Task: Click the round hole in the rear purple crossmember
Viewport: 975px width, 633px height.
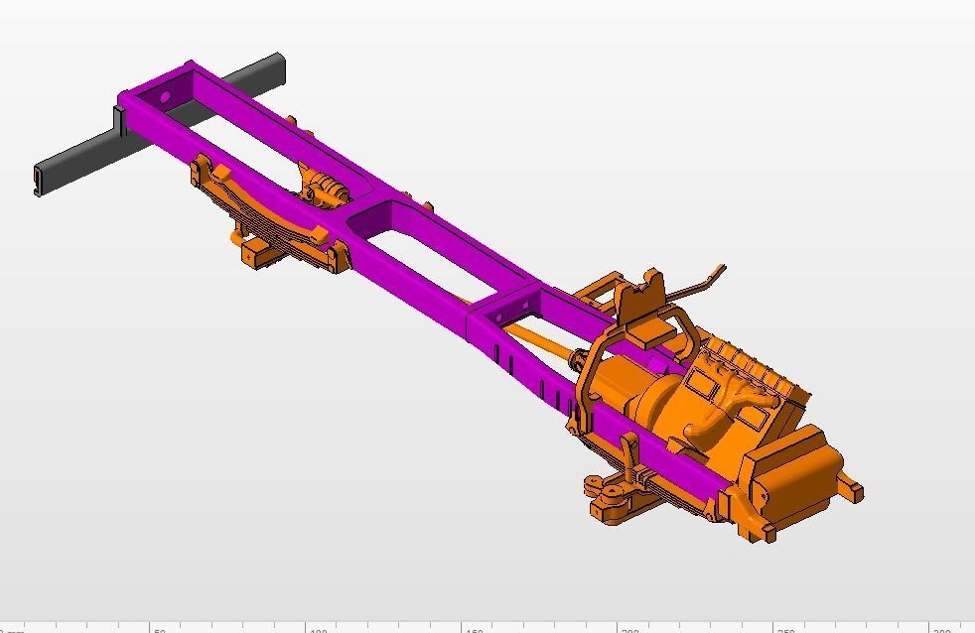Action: pyautogui.click(x=165, y=98)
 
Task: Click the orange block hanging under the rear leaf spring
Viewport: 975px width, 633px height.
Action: pyautogui.click(x=260, y=252)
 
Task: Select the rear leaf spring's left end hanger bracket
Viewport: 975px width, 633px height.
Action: pyautogui.click(x=204, y=171)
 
